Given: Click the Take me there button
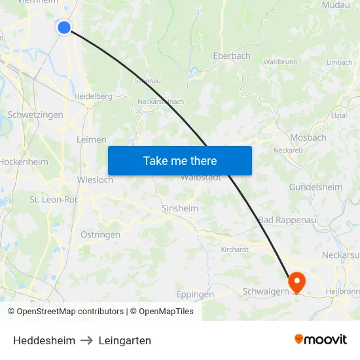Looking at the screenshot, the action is click(x=180, y=160).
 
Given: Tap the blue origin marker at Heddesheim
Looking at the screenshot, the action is click(x=64, y=27).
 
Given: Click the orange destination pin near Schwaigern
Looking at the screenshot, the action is click(x=297, y=283).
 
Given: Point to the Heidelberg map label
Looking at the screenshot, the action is click(x=93, y=96).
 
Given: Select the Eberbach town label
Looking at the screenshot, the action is click(x=232, y=56).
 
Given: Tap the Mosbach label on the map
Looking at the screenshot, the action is click(x=308, y=137).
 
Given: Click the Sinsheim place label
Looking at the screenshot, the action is click(x=180, y=208).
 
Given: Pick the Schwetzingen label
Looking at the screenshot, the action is click(x=35, y=115).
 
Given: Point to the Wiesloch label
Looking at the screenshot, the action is click(x=95, y=180).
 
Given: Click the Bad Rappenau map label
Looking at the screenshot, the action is click(x=287, y=220).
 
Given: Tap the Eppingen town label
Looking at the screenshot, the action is click(x=195, y=295).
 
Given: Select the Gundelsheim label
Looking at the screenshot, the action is click(x=315, y=187).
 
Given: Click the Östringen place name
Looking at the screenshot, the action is click(x=100, y=234).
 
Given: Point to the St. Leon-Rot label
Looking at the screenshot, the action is click(x=53, y=200).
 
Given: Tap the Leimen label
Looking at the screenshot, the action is click(x=92, y=139).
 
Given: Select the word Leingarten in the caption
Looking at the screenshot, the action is click(x=125, y=340).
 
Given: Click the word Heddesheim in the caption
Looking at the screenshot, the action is click(x=44, y=340).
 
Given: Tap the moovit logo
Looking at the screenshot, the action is click(x=321, y=339).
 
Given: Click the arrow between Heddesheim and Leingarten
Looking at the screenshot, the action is click(x=87, y=340).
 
